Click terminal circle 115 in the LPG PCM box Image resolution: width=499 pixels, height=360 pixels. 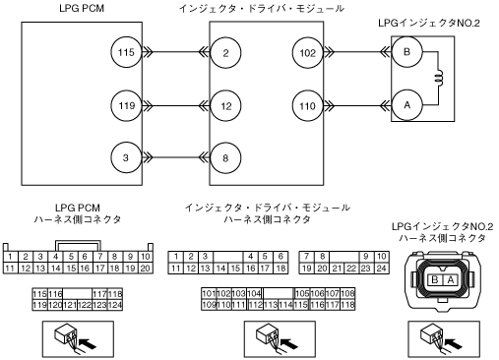click(126, 52)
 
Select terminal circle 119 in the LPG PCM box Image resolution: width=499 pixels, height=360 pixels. click(126, 105)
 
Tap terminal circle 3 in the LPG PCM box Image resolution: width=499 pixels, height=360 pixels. click(126, 157)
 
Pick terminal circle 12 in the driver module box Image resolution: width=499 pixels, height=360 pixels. click(225, 106)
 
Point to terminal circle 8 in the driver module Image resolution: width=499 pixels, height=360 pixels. click(225, 158)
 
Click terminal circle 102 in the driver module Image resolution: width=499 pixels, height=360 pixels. click(308, 53)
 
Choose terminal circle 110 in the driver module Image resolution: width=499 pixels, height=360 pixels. click(308, 105)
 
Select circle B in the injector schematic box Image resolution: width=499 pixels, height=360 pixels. click(407, 52)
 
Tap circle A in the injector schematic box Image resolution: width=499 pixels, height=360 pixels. click(407, 105)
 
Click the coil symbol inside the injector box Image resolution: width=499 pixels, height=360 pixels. click(439, 78)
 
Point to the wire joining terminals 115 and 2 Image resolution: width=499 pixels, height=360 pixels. click(176, 52)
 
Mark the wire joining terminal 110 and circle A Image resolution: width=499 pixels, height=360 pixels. click(357, 105)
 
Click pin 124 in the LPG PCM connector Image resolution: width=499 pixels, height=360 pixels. click(115, 305)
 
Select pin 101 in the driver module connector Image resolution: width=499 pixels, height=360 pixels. click(209, 293)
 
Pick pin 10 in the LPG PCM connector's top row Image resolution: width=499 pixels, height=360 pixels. click(146, 257)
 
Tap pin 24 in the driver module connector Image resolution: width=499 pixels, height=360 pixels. click(381, 269)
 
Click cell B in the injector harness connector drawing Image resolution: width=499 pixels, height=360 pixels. click(435, 280)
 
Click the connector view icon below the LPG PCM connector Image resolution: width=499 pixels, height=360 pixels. click(78, 339)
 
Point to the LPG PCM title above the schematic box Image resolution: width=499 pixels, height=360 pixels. click(82, 8)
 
